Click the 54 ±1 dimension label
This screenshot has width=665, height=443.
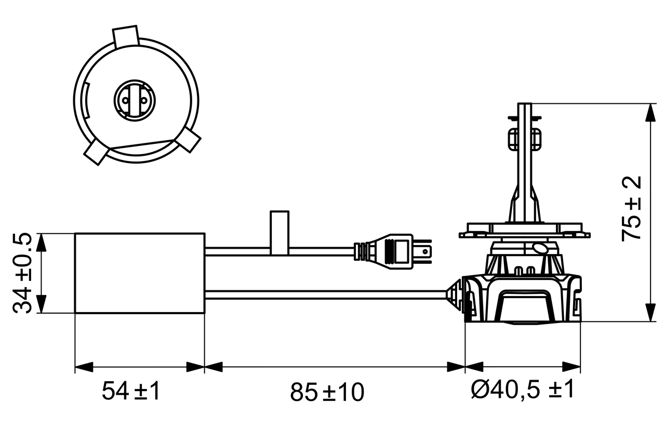click(x=131, y=391)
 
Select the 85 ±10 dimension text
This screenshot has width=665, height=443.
click(x=327, y=392)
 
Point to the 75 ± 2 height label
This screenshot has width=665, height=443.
click(x=632, y=208)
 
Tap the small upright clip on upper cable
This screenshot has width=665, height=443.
click(x=280, y=232)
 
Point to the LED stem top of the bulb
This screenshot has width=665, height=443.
click(x=525, y=112)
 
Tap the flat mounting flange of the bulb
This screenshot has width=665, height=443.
click(x=525, y=231)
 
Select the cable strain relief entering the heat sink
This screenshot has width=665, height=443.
click(x=455, y=295)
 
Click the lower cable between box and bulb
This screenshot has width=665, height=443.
click(x=327, y=295)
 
